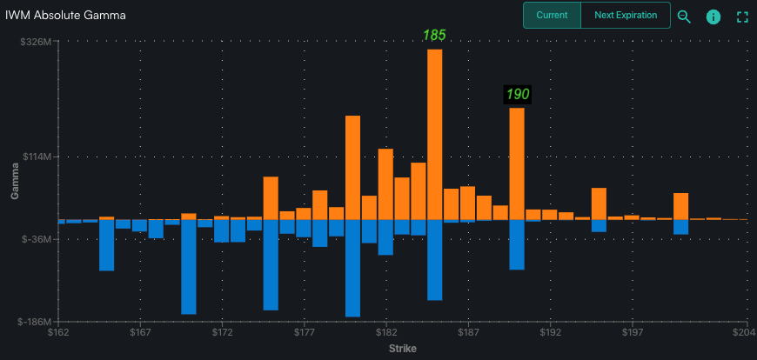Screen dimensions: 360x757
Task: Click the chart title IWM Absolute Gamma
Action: [x=65, y=16]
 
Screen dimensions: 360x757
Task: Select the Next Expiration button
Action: [x=625, y=16]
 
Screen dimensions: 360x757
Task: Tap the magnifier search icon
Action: [x=684, y=17]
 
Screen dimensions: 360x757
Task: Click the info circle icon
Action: [x=713, y=17]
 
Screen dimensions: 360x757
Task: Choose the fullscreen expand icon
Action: [x=742, y=17]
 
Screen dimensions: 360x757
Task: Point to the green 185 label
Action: [x=434, y=36]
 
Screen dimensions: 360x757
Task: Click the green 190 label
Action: [x=517, y=94]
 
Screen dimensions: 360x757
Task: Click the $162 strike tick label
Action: [x=58, y=332]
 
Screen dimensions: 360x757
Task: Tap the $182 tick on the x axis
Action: [x=386, y=332]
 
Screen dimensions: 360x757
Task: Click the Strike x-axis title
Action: [x=402, y=349]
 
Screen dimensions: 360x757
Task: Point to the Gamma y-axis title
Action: [x=15, y=181]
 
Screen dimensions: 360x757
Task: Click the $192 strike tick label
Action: [x=550, y=332]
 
